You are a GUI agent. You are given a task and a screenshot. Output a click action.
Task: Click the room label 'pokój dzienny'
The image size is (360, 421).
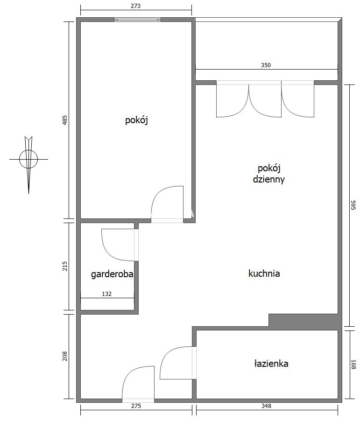[268, 174]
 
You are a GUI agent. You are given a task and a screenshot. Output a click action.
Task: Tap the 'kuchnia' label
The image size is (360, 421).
[264, 274]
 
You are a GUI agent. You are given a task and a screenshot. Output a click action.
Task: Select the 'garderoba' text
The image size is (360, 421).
[112, 274]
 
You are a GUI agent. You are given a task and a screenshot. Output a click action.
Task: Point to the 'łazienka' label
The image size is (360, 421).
[271, 364]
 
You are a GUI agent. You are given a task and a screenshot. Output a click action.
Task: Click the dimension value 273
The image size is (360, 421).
[136, 6]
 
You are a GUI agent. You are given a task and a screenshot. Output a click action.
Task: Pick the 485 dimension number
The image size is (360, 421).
[65, 120]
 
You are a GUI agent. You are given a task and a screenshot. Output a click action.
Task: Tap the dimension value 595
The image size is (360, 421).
[353, 205]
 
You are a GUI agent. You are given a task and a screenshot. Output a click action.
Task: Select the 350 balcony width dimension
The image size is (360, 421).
[266, 65]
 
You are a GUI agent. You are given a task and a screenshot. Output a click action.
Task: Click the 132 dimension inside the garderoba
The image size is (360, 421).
[106, 294]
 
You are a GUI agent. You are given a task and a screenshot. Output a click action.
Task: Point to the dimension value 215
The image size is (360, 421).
[65, 266]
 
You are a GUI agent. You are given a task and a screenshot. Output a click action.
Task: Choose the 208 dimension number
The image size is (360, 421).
[65, 356]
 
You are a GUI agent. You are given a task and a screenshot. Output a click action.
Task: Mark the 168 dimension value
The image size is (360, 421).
[353, 365]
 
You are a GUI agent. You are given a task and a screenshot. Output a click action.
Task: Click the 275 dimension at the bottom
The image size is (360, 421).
[136, 406]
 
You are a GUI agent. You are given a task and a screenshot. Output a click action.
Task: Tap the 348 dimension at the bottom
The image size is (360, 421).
[266, 406]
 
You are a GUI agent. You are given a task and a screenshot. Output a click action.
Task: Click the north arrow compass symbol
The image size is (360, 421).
[28, 159]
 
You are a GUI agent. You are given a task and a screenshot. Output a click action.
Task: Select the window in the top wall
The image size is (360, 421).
[138, 19]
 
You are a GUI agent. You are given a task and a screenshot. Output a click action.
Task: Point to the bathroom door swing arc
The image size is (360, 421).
[166, 354]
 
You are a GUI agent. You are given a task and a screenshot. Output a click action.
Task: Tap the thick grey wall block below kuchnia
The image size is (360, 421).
[304, 320]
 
